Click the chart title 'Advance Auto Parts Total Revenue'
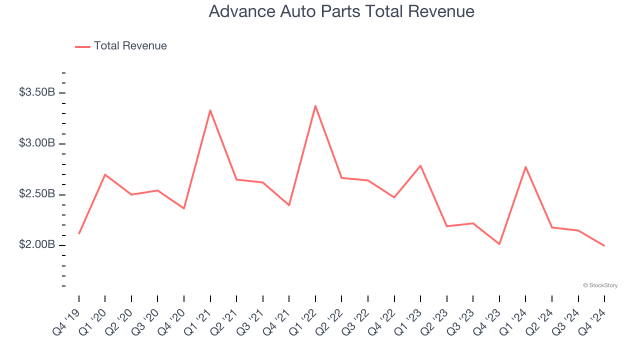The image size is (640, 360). click(341, 11)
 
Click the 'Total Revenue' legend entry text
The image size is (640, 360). click(130, 46)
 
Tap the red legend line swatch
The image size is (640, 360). click(82, 46)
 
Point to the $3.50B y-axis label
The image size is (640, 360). click(37, 92)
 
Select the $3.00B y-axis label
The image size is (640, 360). click(37, 143)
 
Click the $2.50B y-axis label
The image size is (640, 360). click(37, 194)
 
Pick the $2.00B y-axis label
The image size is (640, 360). click(37, 245)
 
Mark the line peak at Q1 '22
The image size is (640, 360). click(315, 105)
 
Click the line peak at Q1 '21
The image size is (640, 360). click(210, 110)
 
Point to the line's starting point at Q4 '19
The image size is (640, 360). click(79, 233)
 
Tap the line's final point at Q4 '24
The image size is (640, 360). click(604, 245)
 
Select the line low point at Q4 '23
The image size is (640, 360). click(499, 244)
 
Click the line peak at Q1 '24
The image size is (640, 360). click(525, 166)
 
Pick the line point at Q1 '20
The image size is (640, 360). click(105, 174)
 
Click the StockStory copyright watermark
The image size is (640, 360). click(600, 285)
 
